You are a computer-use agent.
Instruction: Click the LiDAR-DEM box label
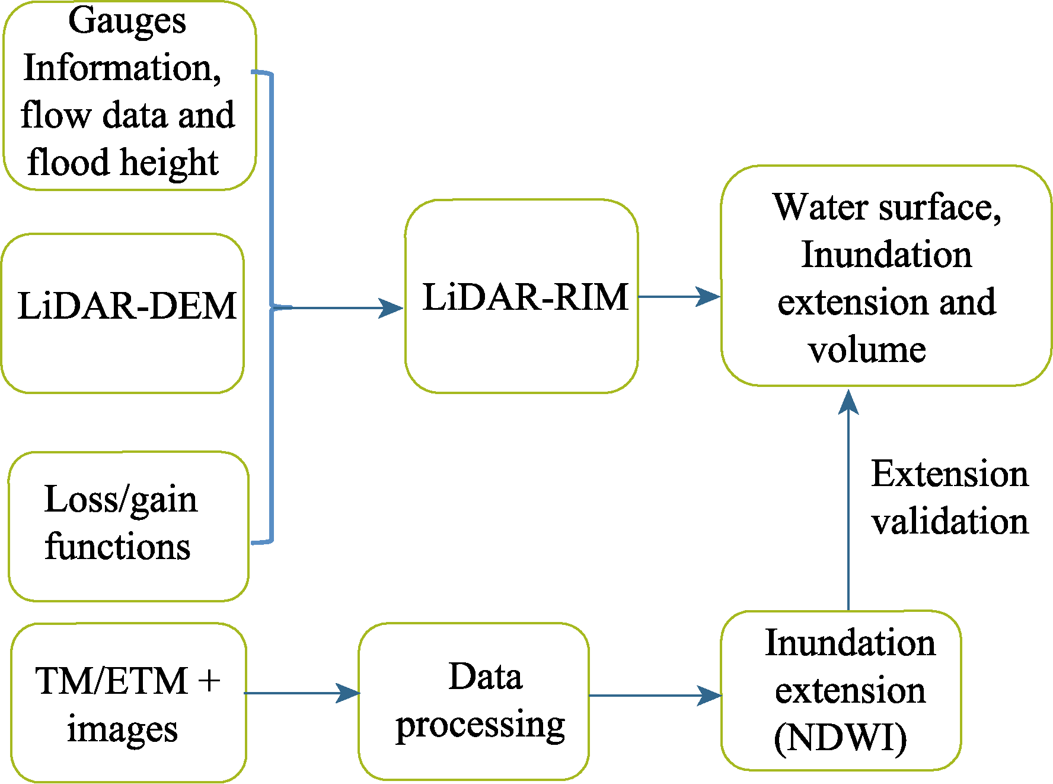click(x=127, y=306)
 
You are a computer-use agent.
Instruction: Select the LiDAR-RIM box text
click(x=525, y=297)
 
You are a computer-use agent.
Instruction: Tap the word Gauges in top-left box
click(x=127, y=21)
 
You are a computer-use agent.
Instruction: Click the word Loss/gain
click(x=120, y=500)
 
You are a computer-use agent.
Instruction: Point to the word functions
click(x=117, y=547)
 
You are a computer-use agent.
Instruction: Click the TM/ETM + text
click(x=127, y=681)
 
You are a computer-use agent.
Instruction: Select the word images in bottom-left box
click(x=122, y=729)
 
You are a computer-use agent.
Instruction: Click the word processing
click(x=480, y=725)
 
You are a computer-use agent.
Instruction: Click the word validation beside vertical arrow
click(x=950, y=522)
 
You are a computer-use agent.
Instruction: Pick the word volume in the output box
click(x=866, y=350)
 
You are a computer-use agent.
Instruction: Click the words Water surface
click(x=886, y=207)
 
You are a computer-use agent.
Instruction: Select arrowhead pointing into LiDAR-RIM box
click(x=391, y=308)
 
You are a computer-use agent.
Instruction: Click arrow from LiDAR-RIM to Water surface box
click(x=679, y=296)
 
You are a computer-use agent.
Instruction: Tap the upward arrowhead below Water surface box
click(x=848, y=402)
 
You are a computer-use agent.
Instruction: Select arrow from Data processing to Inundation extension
click(x=655, y=696)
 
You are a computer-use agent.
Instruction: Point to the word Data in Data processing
click(x=485, y=677)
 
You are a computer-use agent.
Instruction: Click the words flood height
click(x=123, y=162)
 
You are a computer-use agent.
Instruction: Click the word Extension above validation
click(x=950, y=474)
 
